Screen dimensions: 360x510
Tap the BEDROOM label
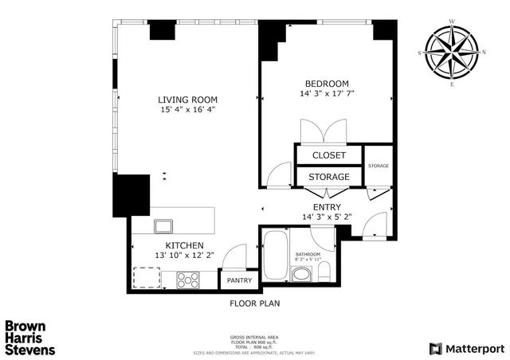click(x=327, y=84)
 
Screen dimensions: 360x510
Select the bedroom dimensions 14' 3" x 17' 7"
click(x=327, y=95)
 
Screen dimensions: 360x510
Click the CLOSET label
click(x=328, y=155)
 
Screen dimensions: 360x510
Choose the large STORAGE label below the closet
click(x=328, y=176)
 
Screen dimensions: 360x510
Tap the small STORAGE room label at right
click(x=379, y=166)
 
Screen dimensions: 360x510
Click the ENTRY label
click(x=327, y=206)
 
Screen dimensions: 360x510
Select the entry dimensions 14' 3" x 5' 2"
click(x=327, y=217)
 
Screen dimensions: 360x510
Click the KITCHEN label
click(x=184, y=245)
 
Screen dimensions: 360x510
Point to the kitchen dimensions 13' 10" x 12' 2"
click(x=184, y=256)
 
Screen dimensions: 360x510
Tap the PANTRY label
click(x=239, y=280)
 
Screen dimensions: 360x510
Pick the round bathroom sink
click(x=301, y=276)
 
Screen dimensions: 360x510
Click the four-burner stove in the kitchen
click(x=189, y=280)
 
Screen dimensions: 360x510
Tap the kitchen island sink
click(x=164, y=224)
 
